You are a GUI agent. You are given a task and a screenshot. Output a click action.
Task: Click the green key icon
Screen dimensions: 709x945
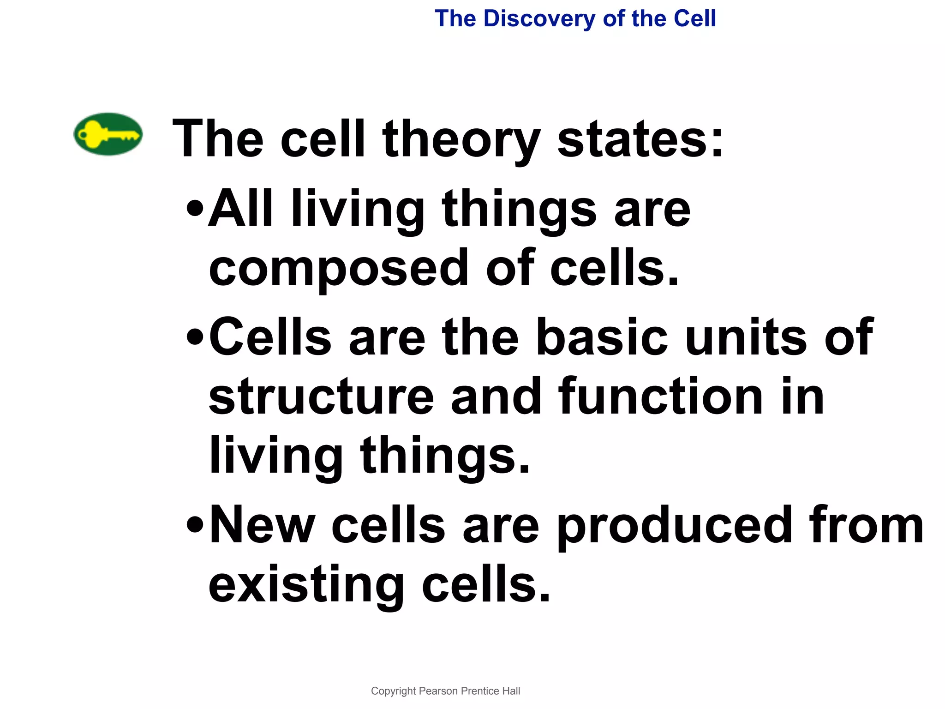(108, 134)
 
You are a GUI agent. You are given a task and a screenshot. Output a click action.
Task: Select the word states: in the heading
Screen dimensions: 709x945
(640, 138)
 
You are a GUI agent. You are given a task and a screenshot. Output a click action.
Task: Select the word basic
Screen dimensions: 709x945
(602, 336)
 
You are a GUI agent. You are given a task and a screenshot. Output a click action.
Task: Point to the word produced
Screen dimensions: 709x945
(674, 526)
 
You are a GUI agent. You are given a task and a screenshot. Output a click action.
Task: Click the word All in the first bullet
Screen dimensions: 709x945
(240, 208)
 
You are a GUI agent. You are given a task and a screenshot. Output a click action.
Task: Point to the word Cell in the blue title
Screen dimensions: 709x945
(694, 19)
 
